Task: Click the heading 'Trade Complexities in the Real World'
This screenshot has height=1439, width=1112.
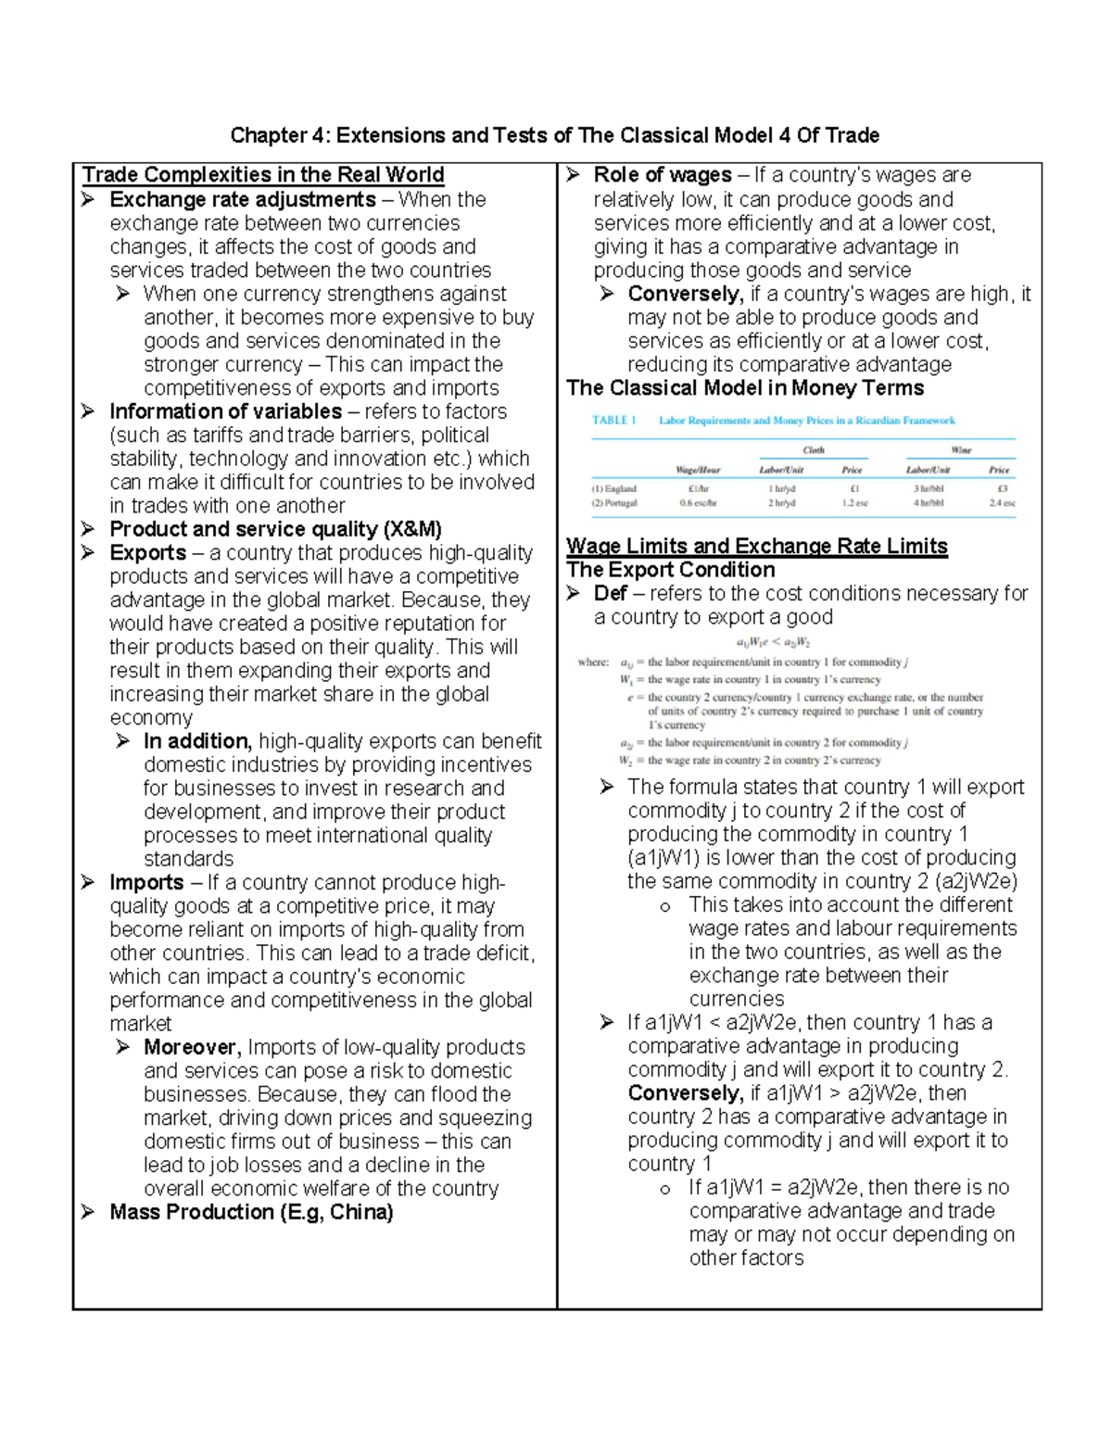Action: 263,175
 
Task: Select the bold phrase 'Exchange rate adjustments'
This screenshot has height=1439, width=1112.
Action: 242,199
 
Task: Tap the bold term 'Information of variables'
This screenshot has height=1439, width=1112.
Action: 225,411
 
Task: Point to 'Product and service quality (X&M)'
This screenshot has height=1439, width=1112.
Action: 275,529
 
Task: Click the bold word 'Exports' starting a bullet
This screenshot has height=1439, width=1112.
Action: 147,553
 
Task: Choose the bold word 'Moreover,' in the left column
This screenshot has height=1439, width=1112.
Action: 192,1047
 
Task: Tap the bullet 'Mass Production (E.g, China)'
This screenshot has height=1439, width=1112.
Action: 251,1212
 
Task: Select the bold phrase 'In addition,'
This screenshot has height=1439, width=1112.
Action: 197,741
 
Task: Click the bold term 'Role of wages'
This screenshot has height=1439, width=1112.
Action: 662,175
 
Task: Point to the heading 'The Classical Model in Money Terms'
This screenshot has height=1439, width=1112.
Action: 745,388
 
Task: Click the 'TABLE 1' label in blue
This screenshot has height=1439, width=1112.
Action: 613,421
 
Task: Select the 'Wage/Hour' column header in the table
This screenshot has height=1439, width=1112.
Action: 698,470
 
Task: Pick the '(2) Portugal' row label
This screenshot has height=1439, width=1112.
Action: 614,503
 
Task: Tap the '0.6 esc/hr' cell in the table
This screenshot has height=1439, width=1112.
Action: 698,503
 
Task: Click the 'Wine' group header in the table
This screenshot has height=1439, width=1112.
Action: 961,450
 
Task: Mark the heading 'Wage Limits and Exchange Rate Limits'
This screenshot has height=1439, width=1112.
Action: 756,547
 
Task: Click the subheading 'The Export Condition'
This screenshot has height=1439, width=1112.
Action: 670,570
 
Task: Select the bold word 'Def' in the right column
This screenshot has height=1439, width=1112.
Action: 610,593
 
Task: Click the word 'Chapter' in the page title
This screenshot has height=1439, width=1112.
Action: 268,136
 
